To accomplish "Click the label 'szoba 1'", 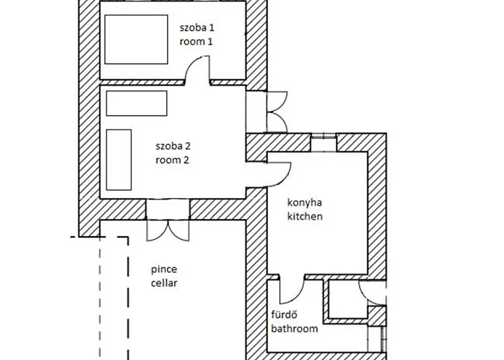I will pyautogui.click(x=198, y=27).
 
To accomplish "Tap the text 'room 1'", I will pyautogui.click(x=197, y=42).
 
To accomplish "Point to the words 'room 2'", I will pyautogui.click(x=172, y=160).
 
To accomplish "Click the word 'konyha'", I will pyautogui.click(x=302, y=202).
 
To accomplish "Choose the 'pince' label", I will pyautogui.click(x=163, y=269).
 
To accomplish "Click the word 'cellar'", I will pyautogui.click(x=163, y=283).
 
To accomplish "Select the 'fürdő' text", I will pyautogui.click(x=284, y=315).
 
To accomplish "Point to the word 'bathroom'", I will pyautogui.click(x=294, y=329).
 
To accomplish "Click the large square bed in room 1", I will pyautogui.click(x=136, y=40).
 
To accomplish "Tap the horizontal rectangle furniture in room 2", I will pyautogui.click(x=136, y=103).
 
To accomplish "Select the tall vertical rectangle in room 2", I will pyautogui.click(x=119, y=157).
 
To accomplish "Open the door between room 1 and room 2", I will pyautogui.click(x=197, y=72).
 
